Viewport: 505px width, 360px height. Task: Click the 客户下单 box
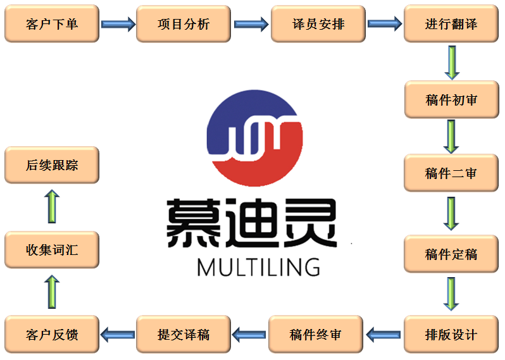(x=52, y=24)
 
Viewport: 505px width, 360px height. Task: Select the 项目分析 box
(x=184, y=24)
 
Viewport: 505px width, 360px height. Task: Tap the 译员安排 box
(x=318, y=24)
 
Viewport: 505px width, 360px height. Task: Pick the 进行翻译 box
(x=451, y=24)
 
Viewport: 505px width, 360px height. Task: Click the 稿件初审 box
(x=451, y=99)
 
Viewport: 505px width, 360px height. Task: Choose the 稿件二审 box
(x=451, y=173)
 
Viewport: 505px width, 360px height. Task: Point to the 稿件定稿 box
(x=451, y=254)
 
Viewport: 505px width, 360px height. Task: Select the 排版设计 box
(x=451, y=334)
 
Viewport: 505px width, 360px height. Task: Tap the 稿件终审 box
(x=316, y=334)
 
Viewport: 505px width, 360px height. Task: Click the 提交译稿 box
(x=184, y=334)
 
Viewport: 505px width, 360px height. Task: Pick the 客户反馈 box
(x=52, y=334)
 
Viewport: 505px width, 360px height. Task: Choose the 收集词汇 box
(x=52, y=249)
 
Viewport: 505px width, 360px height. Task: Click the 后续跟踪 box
(x=52, y=165)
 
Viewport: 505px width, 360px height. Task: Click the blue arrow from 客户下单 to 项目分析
(x=118, y=25)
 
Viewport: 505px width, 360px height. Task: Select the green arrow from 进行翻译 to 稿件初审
(x=451, y=62)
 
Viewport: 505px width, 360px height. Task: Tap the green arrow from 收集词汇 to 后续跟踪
(x=52, y=207)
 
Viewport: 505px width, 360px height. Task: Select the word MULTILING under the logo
(x=258, y=266)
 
